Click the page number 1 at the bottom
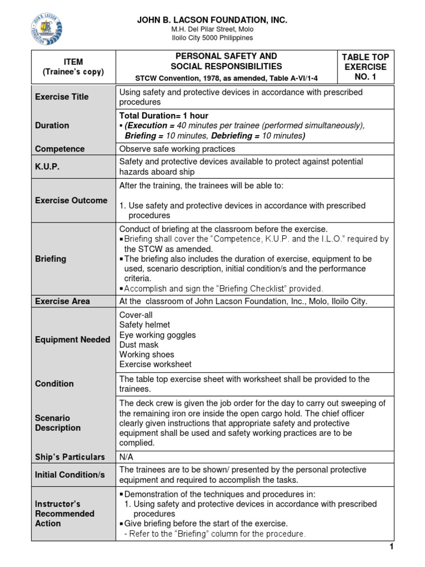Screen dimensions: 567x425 pyautogui.click(x=391, y=547)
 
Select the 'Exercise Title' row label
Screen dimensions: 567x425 pyautogui.click(x=62, y=97)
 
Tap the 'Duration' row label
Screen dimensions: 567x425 pyautogui.click(x=53, y=126)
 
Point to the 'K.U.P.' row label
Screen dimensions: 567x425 pyautogui.click(x=48, y=166)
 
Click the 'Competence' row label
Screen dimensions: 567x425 pyautogui.click(x=60, y=149)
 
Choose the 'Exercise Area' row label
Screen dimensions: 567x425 pyautogui.click(x=63, y=301)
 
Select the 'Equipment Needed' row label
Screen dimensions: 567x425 pyautogui.click(x=72, y=339)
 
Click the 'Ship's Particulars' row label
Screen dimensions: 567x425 pyautogui.click(x=70, y=457)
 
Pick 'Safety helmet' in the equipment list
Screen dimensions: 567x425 pyautogui.click(x=145, y=325)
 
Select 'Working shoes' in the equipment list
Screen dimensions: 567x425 pyautogui.click(x=147, y=354)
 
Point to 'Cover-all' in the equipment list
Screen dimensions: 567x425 pyautogui.click(x=137, y=315)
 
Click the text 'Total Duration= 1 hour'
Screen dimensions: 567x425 pyautogui.click(x=164, y=116)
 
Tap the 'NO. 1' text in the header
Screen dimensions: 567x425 pyautogui.click(x=365, y=77)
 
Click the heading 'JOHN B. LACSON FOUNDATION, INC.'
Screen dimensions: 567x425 pyautogui.click(x=212, y=20)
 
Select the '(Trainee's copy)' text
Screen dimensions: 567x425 pyautogui.click(x=73, y=73)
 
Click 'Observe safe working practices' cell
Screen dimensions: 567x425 pyautogui.click(x=177, y=149)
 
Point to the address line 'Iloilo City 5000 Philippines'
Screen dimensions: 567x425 pyautogui.click(x=212, y=38)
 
